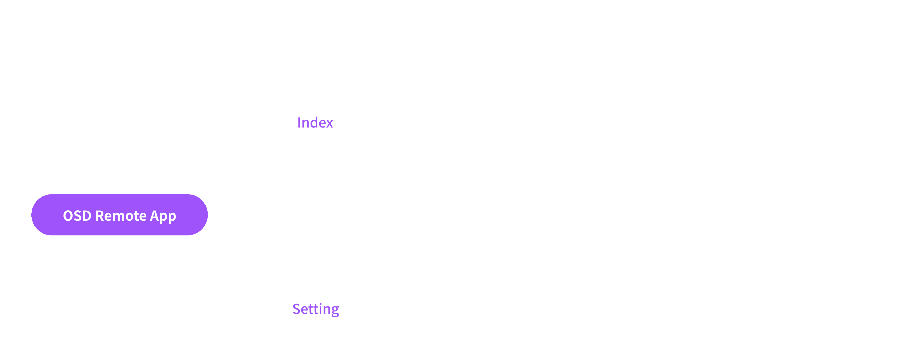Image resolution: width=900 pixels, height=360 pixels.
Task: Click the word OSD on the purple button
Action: [77, 216]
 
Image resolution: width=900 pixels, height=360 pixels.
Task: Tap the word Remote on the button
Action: [121, 216]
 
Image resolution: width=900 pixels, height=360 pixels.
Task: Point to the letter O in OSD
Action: [68, 216]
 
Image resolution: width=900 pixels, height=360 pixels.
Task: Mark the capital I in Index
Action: [299, 123]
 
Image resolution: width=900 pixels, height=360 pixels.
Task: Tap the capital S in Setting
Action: [296, 309]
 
